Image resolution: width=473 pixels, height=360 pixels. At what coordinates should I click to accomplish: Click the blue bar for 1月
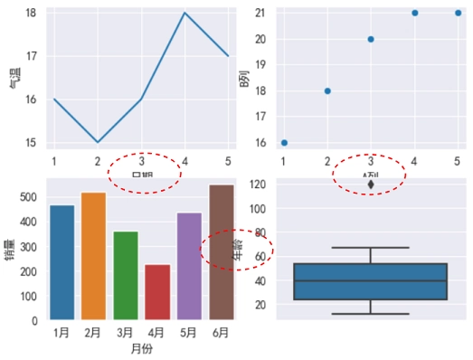pos(61,262)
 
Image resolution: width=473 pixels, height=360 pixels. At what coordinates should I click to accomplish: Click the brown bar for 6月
pos(222,252)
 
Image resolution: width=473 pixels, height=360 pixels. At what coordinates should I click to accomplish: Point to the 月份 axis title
pos(141,348)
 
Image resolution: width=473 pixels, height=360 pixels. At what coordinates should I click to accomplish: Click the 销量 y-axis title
pos(10,250)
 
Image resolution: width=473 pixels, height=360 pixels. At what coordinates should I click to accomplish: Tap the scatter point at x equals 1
pos(284,143)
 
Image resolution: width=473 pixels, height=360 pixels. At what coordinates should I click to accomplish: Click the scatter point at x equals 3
pos(371,40)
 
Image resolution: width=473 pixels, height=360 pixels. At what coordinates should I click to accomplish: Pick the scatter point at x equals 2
pos(327,91)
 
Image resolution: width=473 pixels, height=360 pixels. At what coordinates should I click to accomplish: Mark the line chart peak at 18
pos(184,14)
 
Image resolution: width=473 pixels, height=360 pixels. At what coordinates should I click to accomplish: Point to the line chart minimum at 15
pos(97,142)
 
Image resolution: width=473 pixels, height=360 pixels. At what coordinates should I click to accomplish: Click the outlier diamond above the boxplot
pos(371,185)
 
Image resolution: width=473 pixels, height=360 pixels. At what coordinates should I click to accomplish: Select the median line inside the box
pos(371,280)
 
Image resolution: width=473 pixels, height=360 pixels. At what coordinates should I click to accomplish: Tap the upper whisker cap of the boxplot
pos(371,248)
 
